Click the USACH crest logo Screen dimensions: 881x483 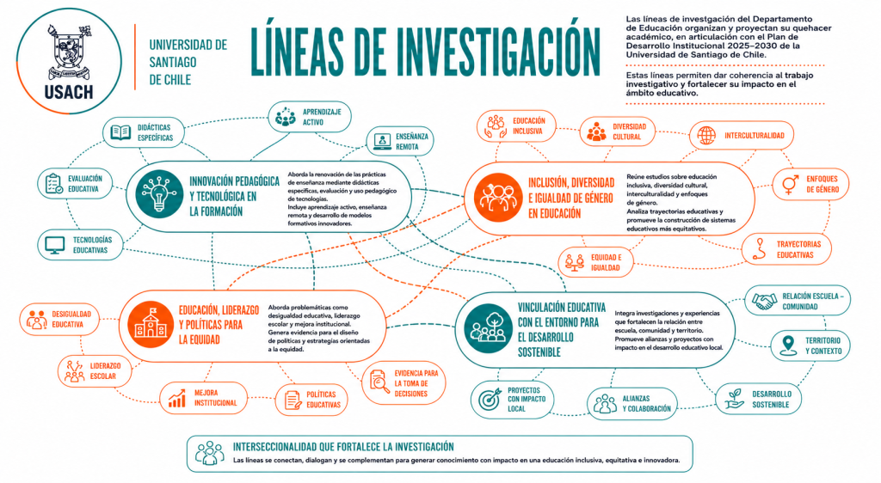pos(69,60)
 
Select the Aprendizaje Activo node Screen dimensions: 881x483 pos(310,117)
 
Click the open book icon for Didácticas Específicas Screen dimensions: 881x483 pos(120,132)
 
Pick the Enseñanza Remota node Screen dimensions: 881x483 pos(400,141)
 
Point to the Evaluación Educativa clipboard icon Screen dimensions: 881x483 pos(54,183)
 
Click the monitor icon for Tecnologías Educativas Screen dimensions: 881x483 pos(54,245)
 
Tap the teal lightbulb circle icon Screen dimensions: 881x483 pos(159,194)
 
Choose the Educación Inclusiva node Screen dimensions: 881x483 pos(516,126)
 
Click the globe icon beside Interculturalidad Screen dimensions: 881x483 pos(706,135)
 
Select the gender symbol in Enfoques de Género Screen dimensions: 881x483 pos(791,184)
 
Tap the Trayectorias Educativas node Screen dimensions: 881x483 pos(786,249)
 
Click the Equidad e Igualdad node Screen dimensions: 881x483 pos(595,262)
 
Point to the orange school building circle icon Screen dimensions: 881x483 pos(151,324)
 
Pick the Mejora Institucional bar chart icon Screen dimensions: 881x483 pos(177,398)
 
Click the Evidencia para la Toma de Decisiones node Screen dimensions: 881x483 pos(404,383)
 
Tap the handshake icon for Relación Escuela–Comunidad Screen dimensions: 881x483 pos(764,302)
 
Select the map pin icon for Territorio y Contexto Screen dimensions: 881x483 pos(788,345)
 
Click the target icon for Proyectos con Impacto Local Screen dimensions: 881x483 pos(490,399)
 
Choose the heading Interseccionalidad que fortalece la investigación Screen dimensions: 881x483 pos(343,447)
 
